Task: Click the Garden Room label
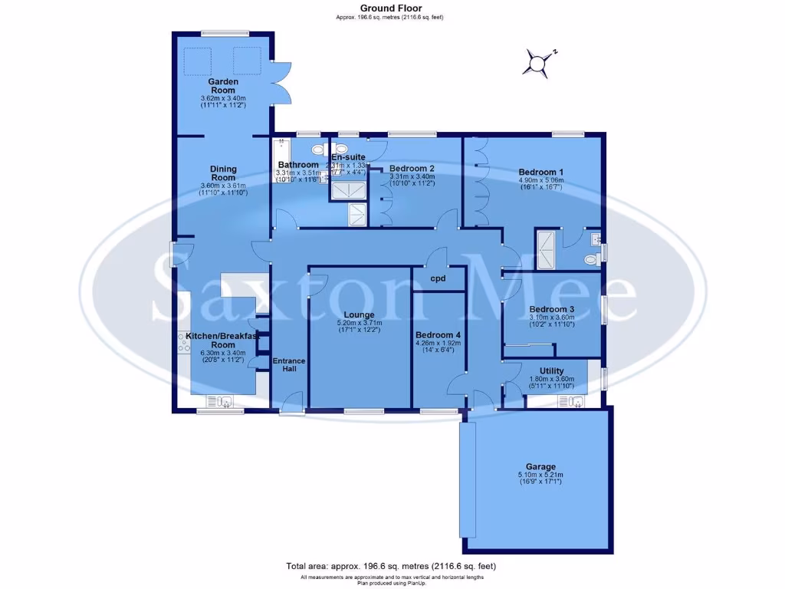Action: click(x=224, y=86)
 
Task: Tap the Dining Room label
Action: click(x=224, y=173)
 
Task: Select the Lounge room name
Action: click(x=359, y=314)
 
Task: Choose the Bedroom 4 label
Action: click(x=438, y=335)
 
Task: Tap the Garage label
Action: click(x=540, y=466)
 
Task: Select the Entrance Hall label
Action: click(x=289, y=365)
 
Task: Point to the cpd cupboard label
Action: click(x=438, y=278)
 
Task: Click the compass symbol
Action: click(x=540, y=63)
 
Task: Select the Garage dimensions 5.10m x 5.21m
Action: click(x=540, y=475)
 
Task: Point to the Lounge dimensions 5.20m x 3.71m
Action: click(x=359, y=324)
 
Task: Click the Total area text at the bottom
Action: click(x=391, y=566)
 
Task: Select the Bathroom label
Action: click(x=298, y=165)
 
